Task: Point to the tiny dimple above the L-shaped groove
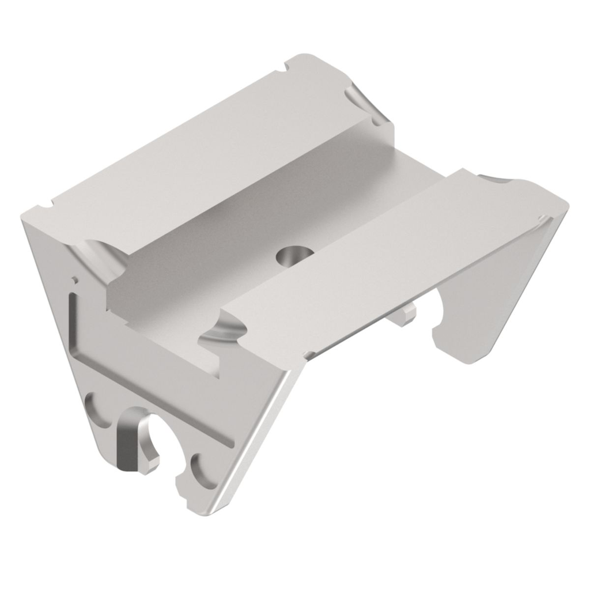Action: pos(74,279)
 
